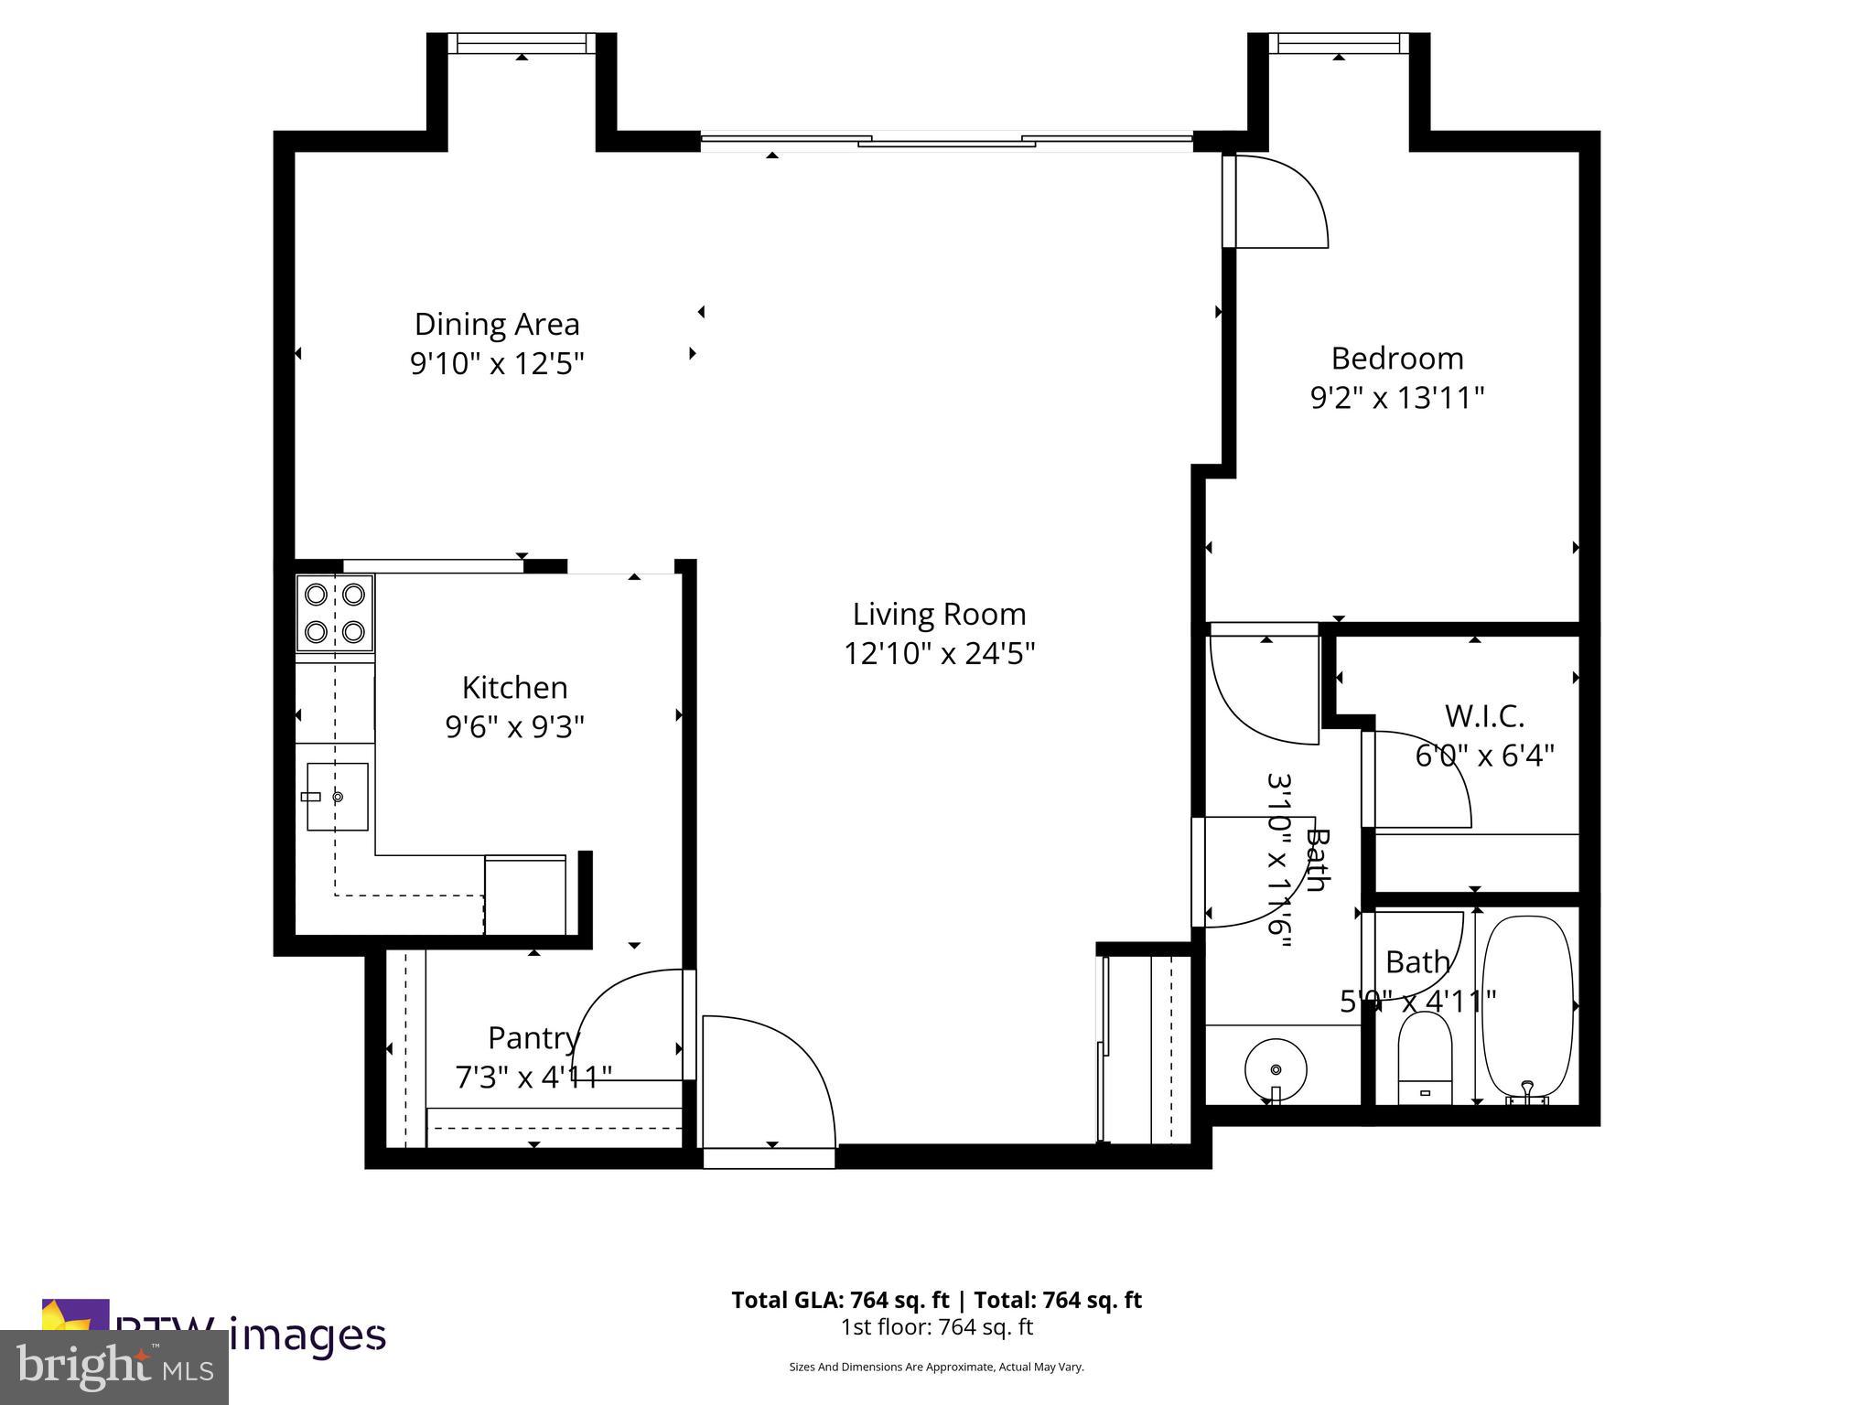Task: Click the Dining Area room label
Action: click(x=497, y=324)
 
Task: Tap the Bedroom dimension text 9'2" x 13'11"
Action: click(x=1396, y=398)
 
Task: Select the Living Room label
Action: click(x=939, y=614)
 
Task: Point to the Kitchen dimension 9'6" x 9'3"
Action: click(x=514, y=727)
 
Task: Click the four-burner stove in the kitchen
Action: click(x=335, y=613)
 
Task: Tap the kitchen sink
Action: click(x=337, y=797)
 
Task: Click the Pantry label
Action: click(x=533, y=1038)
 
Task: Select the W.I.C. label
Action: click(x=1483, y=716)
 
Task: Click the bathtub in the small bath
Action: click(x=1526, y=1006)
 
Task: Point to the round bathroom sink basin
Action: click(x=1276, y=1067)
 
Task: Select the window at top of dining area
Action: click(x=521, y=43)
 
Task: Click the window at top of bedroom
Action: click(x=1339, y=43)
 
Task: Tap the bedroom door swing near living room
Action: click(x=1281, y=201)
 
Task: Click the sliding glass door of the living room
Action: click(x=946, y=141)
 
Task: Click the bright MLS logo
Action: click(x=114, y=1367)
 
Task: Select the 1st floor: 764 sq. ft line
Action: click(x=936, y=1326)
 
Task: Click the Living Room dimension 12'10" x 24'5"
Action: click(x=939, y=654)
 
